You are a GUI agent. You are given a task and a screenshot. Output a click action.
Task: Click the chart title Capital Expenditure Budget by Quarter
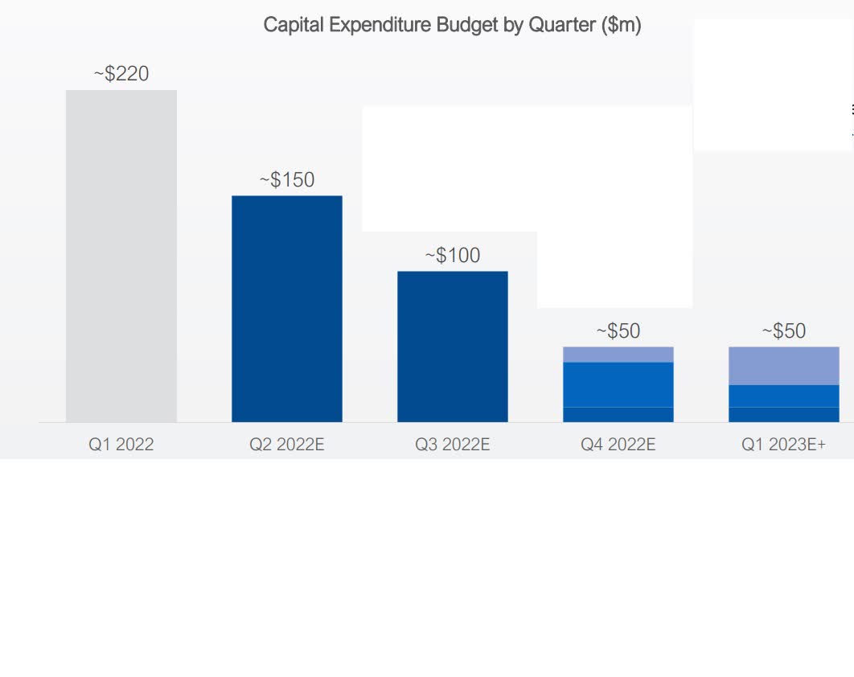tap(452, 25)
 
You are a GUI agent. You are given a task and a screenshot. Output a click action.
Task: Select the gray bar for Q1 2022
tap(121, 256)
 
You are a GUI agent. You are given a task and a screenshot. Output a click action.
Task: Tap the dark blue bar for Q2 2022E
tap(287, 309)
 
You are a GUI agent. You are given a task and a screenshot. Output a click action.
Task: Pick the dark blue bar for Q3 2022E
tap(453, 347)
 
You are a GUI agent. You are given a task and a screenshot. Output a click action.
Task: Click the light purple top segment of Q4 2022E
tap(618, 355)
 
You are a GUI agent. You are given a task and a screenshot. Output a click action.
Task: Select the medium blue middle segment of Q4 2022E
tap(618, 384)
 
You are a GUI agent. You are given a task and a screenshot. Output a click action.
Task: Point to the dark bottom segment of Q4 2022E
tap(618, 414)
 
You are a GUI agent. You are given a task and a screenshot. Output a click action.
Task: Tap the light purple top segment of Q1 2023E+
tap(784, 366)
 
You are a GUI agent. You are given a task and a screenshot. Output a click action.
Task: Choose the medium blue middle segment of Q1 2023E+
tap(784, 396)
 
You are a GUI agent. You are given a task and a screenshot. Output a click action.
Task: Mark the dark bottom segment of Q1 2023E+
tap(784, 414)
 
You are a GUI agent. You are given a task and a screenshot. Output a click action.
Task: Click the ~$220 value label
tap(121, 74)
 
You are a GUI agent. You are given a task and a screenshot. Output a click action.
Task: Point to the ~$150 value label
tap(287, 180)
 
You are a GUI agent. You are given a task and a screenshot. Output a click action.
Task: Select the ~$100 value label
tap(453, 256)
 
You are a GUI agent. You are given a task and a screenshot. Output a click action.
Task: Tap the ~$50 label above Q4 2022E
tap(618, 331)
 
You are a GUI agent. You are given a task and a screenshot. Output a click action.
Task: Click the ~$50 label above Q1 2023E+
tap(784, 331)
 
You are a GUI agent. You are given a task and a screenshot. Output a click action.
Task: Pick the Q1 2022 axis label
tap(121, 445)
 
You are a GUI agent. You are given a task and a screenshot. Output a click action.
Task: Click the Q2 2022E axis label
tap(287, 445)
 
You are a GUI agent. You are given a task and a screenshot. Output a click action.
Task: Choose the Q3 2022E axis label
tap(453, 445)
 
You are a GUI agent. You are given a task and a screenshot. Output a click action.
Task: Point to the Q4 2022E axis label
tap(618, 445)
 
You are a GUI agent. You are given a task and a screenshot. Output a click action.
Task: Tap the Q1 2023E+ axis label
tap(784, 445)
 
